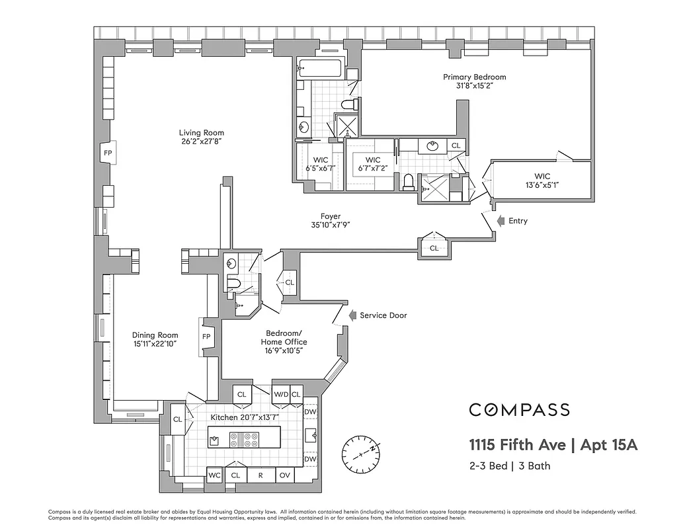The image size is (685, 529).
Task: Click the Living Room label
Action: tap(201, 133)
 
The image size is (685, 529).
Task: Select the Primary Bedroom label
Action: tap(474, 77)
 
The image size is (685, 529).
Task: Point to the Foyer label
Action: tap(331, 216)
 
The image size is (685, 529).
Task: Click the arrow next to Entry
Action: tap(501, 220)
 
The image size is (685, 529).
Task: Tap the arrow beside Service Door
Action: tap(352, 315)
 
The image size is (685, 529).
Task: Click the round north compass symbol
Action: tap(361, 454)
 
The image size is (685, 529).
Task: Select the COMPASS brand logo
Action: tap(519, 410)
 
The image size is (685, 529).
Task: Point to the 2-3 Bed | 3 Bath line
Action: tap(510, 466)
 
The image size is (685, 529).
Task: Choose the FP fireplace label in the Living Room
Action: tap(108, 152)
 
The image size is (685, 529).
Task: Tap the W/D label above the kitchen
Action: tap(280, 394)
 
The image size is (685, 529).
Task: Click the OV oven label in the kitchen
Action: tap(284, 475)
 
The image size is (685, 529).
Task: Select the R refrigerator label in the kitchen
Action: tap(260, 475)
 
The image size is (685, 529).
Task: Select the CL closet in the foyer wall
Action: tap(434, 248)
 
